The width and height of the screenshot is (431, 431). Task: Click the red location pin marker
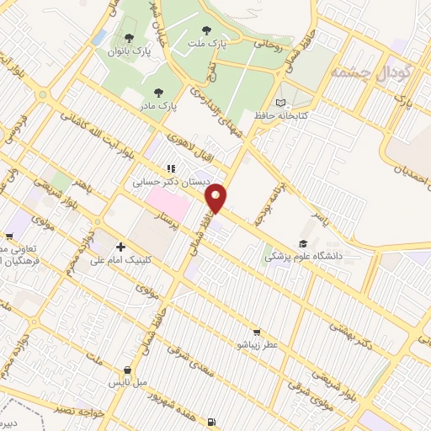(x=217, y=197)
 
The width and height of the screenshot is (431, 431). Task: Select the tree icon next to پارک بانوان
(x=129, y=37)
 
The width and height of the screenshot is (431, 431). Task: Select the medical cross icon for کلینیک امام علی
(x=122, y=247)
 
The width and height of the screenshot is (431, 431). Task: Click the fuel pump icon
(x=210, y=423)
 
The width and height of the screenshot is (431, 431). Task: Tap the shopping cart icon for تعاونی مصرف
(x=8, y=237)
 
